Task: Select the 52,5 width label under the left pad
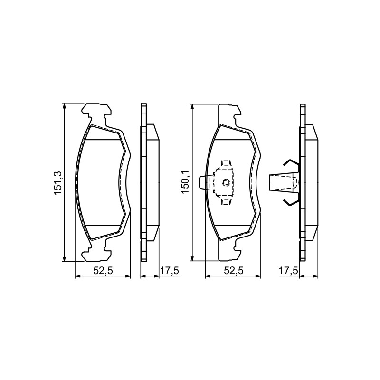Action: pos(103,270)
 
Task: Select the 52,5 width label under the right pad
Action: pos(233,270)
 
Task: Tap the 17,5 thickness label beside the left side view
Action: pos(170,270)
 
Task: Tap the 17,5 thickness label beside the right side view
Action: pos(288,270)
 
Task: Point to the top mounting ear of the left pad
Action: pos(97,111)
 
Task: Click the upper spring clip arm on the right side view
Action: pos(292,164)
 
